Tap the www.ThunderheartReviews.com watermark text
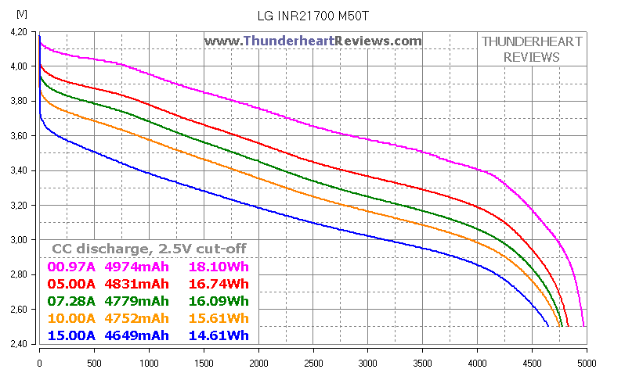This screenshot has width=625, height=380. click(x=313, y=41)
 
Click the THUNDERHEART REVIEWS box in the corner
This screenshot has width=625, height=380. click(x=531, y=49)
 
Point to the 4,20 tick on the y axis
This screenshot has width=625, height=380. click(x=18, y=32)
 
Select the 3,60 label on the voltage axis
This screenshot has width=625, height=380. click(x=18, y=136)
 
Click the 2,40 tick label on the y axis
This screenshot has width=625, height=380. click(x=18, y=344)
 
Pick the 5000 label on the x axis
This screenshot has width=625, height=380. click(x=586, y=364)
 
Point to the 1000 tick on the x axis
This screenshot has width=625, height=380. click(x=149, y=364)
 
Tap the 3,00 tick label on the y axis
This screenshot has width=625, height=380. click(x=18, y=240)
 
